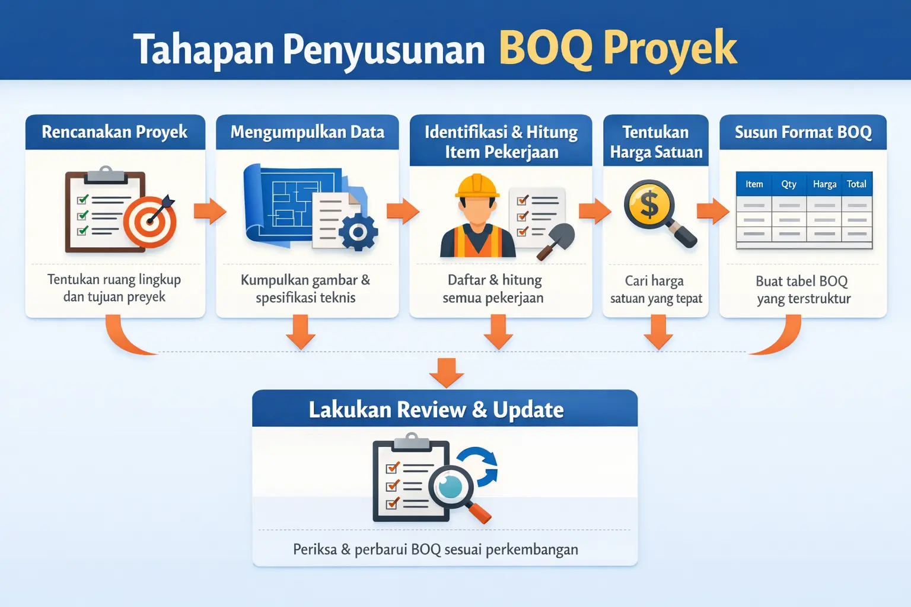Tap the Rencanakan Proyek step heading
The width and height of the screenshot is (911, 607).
pos(114,132)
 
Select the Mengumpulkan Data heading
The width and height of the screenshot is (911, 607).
pos(307,132)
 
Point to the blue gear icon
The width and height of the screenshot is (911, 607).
pos(358,232)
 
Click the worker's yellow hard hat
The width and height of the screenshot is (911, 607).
pos(476,186)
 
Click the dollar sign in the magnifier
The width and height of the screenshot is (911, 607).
pos(649,205)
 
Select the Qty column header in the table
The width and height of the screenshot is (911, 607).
pos(789,184)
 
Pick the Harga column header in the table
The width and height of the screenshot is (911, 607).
pos(824,184)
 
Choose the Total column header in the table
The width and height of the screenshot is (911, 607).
pos(856,184)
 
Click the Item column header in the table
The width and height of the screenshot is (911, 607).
pos(754,184)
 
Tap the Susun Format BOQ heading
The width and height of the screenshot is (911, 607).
pos(803,132)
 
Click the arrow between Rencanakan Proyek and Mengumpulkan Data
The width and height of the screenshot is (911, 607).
pos(210,211)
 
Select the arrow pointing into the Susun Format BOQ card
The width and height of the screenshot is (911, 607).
pos(713,211)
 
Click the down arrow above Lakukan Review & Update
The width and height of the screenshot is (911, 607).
pos(446,372)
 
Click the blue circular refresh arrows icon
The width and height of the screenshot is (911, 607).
pos(480,467)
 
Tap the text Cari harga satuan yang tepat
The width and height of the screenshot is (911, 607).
pos(655,289)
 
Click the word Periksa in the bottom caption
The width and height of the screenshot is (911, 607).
pos(314,550)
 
